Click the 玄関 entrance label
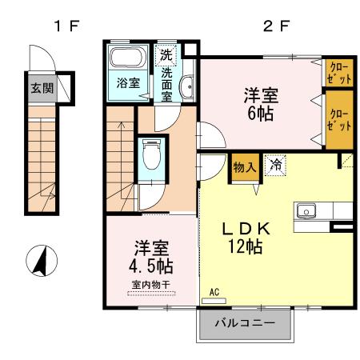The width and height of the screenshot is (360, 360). pos(42,87)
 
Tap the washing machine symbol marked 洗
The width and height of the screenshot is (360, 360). pos(166,56)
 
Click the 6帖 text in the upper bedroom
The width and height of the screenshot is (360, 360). pos(260,113)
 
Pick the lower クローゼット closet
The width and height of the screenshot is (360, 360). pos(338,120)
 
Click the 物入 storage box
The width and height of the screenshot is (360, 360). pos(244,168)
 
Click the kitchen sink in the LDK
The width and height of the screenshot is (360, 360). pos(307,212)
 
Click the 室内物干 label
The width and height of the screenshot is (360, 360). pos(150,284)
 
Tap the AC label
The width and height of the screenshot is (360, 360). pos(214,293)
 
